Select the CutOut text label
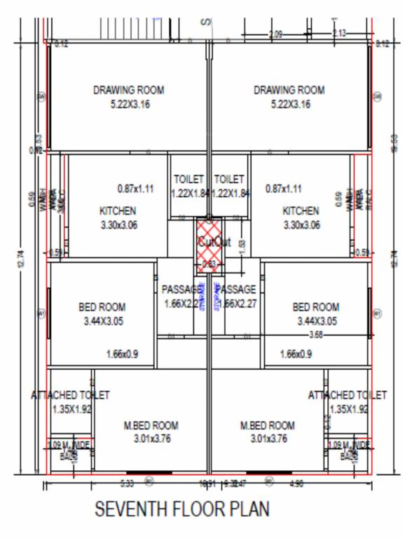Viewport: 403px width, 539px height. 214,241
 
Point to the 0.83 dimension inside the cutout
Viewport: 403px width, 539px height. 209,264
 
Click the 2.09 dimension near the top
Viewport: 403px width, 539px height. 275,34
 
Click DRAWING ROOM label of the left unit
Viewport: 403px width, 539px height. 128,90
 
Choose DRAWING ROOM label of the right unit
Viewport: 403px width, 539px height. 289,90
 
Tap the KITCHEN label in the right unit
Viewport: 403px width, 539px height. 301,211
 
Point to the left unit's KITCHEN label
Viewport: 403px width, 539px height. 118,211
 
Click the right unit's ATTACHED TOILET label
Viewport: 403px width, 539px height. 347,395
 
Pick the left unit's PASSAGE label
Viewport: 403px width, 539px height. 180,289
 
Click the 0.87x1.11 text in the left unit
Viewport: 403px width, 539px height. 136,188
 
